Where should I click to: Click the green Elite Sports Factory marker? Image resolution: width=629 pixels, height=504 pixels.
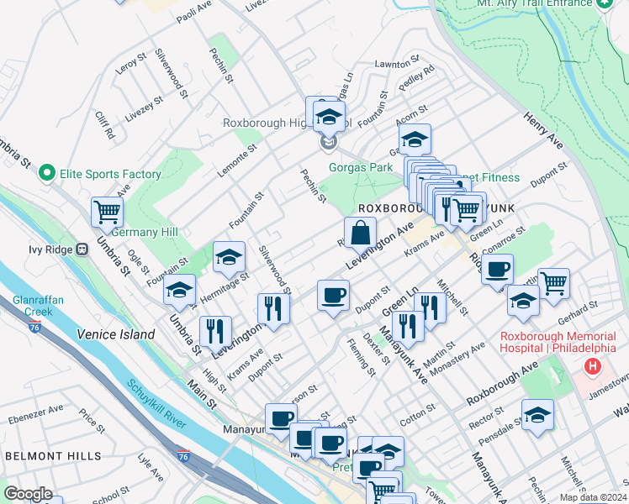tap(47, 174)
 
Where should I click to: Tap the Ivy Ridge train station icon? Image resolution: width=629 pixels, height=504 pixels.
tap(82, 249)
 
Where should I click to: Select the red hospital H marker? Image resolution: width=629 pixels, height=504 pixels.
tap(593, 366)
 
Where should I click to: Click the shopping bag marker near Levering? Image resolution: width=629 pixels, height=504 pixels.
tap(359, 232)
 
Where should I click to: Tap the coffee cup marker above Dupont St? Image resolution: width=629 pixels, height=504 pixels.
tap(333, 295)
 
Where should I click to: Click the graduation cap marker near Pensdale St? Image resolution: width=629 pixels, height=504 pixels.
tap(536, 414)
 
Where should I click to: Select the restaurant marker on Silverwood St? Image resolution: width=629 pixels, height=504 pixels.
tap(272, 307)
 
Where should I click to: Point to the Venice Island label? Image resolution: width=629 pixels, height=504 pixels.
tap(116, 334)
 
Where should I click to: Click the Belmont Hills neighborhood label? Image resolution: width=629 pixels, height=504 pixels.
tap(53, 456)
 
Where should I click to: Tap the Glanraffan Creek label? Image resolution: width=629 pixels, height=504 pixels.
tap(34, 306)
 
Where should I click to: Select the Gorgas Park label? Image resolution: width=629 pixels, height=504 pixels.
tap(361, 167)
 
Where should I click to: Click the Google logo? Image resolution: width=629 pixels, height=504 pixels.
tap(28, 494)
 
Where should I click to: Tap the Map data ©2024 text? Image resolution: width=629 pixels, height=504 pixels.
tap(592, 497)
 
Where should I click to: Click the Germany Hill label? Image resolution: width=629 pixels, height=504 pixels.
tap(145, 232)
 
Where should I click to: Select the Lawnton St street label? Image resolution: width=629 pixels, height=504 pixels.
tap(396, 63)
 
